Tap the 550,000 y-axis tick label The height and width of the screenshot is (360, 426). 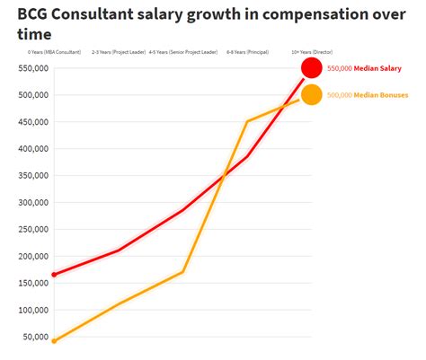[x=32, y=67]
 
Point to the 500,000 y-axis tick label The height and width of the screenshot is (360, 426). [x=32, y=94]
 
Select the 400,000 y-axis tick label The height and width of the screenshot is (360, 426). [x=32, y=148]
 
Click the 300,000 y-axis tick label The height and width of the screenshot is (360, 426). [x=32, y=202]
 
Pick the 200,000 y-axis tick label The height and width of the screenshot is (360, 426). [x=32, y=256]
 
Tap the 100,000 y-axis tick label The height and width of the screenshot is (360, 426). [x=32, y=310]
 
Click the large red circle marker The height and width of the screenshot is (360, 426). [x=312, y=68]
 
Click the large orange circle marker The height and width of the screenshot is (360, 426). [x=312, y=94]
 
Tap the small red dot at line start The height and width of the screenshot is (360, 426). [x=54, y=275]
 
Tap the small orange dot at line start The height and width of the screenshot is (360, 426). [x=54, y=341]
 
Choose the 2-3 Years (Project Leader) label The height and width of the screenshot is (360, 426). [x=119, y=52]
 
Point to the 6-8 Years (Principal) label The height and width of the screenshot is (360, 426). [x=247, y=52]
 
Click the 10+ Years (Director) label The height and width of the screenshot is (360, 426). [x=311, y=52]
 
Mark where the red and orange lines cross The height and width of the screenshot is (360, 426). [x=223, y=176]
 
